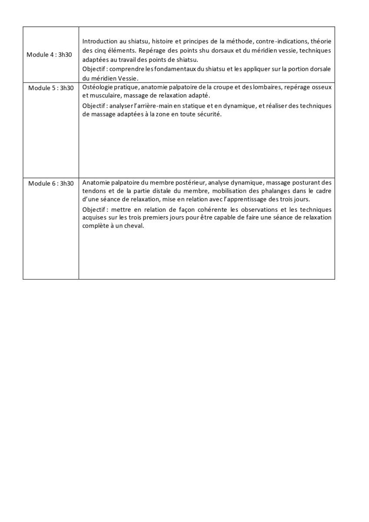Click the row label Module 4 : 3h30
pyautogui.click(x=50, y=55)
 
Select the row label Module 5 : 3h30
pyautogui.click(x=51, y=88)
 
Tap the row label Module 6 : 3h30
pyautogui.click(x=51, y=183)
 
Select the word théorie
pyautogui.click(x=322, y=41)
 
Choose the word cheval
pyautogui.click(x=134, y=226)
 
